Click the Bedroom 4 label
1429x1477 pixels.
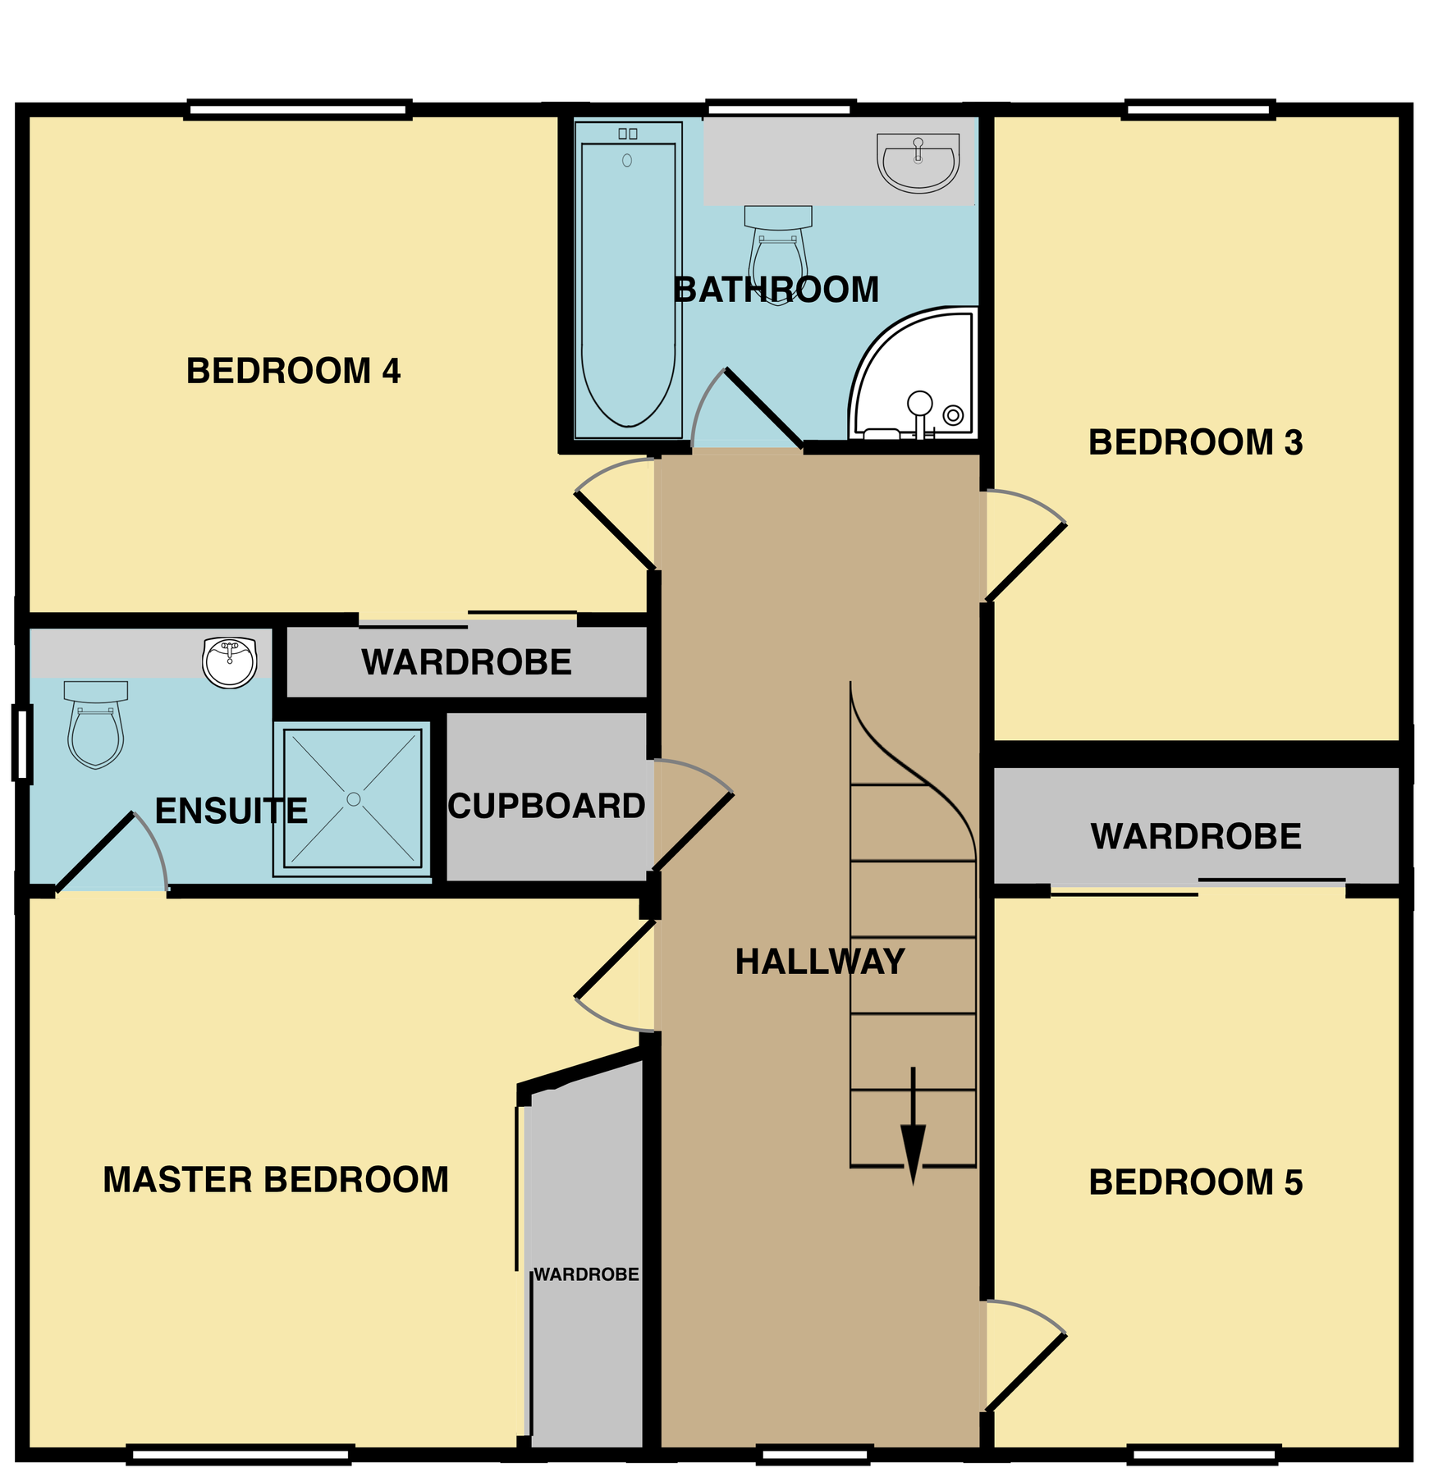click(x=293, y=371)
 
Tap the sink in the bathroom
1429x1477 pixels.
click(x=918, y=162)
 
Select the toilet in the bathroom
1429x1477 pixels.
click(x=777, y=250)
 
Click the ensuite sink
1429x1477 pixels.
click(x=230, y=662)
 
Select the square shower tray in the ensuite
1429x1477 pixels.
click(x=353, y=798)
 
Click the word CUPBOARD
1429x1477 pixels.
click(x=547, y=806)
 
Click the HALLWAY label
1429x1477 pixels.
click(x=819, y=962)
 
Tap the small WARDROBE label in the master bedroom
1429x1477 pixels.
click(x=586, y=1274)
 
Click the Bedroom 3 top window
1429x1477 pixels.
click(x=1198, y=109)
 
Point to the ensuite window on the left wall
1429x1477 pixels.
click(x=22, y=743)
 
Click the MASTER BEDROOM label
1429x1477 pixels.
click(x=276, y=1180)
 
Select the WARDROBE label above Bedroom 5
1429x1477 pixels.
click(x=1196, y=837)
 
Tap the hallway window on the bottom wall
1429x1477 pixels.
click(x=813, y=1455)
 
